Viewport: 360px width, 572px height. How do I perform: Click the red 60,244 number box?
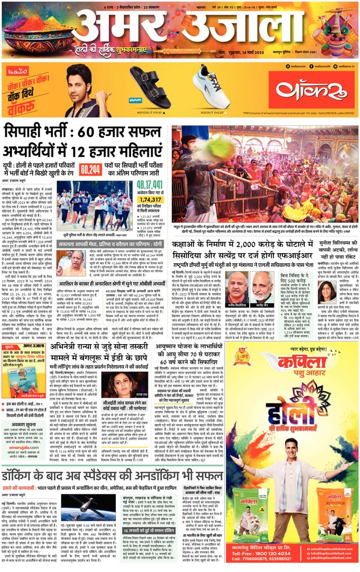(x=91, y=169)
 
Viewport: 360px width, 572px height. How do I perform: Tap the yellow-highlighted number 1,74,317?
(x=150, y=200)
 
